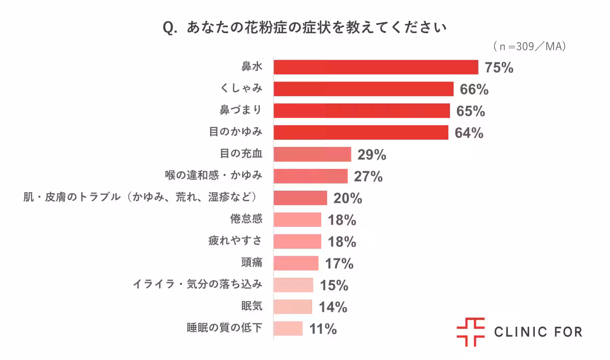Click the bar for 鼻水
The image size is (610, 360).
coord(376,67)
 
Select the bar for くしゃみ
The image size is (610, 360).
coord(363,89)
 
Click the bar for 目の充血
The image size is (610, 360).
coord(312,154)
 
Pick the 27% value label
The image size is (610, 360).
coord(368,176)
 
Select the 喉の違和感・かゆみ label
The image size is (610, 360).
coord(213,176)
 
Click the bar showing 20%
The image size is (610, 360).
coord(300,198)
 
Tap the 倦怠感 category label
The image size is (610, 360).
coord(246,220)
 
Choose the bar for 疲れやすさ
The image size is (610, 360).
coord(297,242)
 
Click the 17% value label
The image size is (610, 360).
coord(339,264)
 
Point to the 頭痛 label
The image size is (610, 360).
coord(252,263)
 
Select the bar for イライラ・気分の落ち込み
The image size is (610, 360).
coord(293,285)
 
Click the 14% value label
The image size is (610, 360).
coord(333,307)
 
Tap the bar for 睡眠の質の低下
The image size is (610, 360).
coord(288,328)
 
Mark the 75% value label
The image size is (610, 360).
coord(499,68)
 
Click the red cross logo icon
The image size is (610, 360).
coord(470,332)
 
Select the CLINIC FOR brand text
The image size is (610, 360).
coord(538,333)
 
